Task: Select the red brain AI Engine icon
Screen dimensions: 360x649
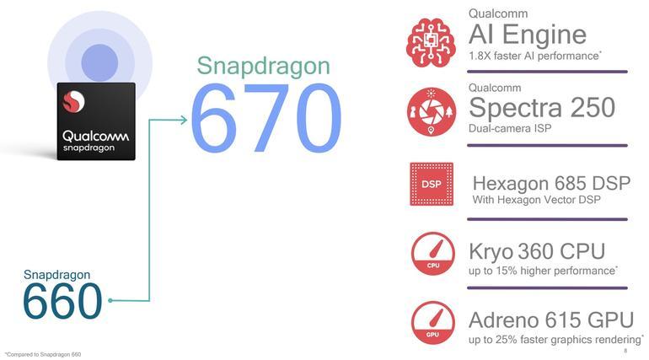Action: (431, 41)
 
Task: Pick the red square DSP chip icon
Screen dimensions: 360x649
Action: (431, 184)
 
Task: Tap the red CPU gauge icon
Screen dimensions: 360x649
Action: (432, 254)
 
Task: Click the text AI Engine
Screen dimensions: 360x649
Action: (527, 35)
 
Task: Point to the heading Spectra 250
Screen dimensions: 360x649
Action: (541, 107)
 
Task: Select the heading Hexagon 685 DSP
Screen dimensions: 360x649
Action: (551, 183)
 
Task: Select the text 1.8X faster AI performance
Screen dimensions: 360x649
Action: (533, 56)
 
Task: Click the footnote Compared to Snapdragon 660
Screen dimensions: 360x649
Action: (43, 354)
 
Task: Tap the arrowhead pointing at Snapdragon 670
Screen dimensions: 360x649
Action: (185, 120)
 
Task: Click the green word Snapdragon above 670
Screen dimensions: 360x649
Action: (263, 67)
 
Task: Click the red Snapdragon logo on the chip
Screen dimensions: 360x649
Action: (74, 103)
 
